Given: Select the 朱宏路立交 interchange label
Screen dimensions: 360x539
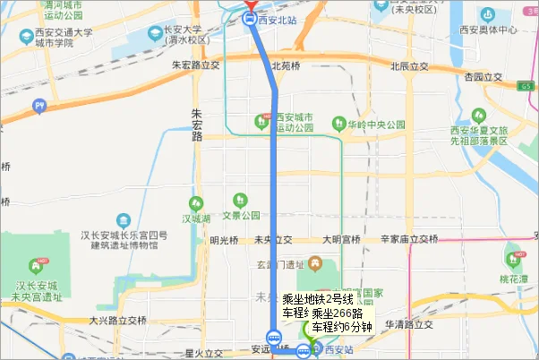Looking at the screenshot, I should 196,65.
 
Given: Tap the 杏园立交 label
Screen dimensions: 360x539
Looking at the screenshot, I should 480,79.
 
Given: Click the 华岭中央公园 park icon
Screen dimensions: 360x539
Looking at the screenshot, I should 339,124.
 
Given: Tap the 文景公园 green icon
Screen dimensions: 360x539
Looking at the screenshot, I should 239,200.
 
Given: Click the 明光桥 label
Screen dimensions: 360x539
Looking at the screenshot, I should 224,239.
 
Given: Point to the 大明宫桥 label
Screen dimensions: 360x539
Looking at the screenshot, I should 340,239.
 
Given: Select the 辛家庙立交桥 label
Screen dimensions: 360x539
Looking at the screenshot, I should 409,239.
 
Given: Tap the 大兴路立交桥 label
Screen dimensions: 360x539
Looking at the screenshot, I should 117,320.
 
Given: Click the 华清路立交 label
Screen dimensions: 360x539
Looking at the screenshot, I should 408,323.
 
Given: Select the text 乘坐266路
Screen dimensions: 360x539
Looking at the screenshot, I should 338,313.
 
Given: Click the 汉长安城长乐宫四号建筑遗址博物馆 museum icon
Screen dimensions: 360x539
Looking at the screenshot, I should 121,219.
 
